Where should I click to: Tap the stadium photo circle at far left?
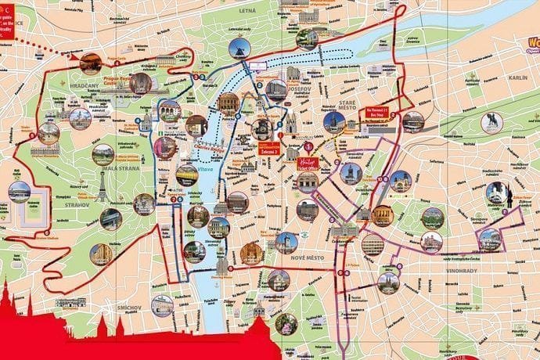(19, 192)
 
